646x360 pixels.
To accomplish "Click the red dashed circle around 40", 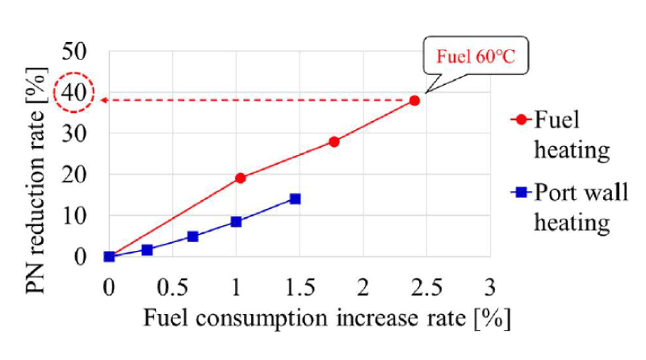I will [x=74, y=94].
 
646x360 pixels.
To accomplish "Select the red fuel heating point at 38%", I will [x=414, y=100].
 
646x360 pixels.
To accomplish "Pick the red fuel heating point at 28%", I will [x=333, y=141].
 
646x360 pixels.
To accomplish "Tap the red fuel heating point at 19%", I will [x=240, y=178].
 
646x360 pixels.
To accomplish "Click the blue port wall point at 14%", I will [x=295, y=199].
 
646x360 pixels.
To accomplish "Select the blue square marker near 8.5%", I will [x=236, y=221].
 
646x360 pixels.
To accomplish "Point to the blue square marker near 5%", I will [x=193, y=237].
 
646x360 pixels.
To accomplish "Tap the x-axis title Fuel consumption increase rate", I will [x=327, y=317].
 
